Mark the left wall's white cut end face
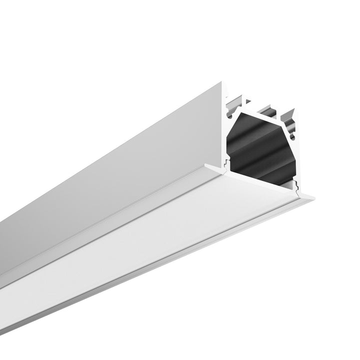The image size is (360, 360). point(223,130)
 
